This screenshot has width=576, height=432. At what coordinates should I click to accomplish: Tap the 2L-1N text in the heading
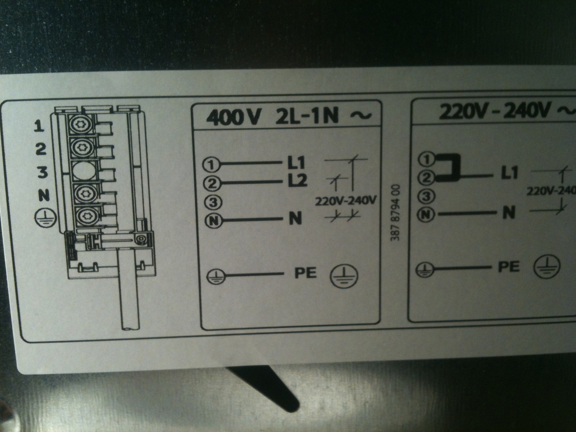point(307,116)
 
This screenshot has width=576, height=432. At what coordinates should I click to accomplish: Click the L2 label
point(297,181)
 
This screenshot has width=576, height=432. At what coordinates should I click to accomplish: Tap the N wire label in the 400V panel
point(295,218)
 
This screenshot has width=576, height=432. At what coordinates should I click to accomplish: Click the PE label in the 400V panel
point(306,273)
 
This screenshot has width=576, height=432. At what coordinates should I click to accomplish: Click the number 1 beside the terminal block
point(39,126)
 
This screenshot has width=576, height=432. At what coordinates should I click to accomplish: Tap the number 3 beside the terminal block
point(42,172)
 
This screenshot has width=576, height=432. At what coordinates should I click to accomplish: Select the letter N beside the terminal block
point(43,195)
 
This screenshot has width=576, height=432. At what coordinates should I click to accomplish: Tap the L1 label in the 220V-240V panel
point(509,172)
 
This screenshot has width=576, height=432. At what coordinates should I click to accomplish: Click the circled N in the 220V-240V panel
point(426,214)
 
